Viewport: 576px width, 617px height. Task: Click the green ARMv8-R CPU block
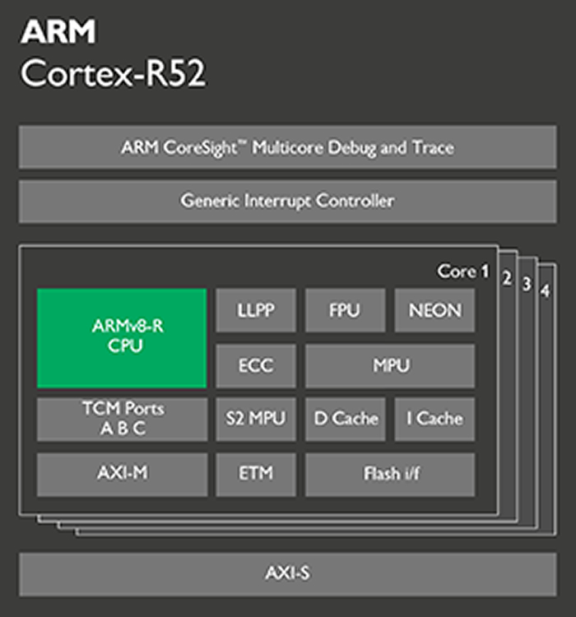click(122, 338)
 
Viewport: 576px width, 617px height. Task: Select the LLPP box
click(256, 310)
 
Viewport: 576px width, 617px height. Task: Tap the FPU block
click(346, 310)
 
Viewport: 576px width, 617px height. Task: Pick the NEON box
click(434, 310)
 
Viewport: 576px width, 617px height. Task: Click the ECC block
click(256, 366)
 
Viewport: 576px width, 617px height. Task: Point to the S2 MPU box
click(256, 419)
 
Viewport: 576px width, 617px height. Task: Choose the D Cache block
click(346, 419)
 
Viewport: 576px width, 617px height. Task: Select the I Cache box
click(434, 419)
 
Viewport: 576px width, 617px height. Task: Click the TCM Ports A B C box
click(122, 419)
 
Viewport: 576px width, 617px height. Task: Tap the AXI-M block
click(122, 475)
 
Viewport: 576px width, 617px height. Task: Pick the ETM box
click(256, 475)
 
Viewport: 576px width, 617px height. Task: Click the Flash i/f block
click(390, 475)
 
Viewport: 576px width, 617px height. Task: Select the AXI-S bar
click(288, 574)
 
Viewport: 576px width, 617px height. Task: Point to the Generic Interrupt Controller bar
click(288, 202)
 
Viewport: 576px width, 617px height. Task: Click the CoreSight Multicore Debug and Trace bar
click(288, 147)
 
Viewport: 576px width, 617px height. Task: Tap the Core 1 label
click(463, 271)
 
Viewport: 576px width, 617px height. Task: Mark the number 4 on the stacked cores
click(545, 290)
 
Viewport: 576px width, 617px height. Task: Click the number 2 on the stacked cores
click(507, 278)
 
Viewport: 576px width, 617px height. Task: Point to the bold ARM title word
click(58, 31)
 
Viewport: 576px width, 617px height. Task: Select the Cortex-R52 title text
click(113, 73)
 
